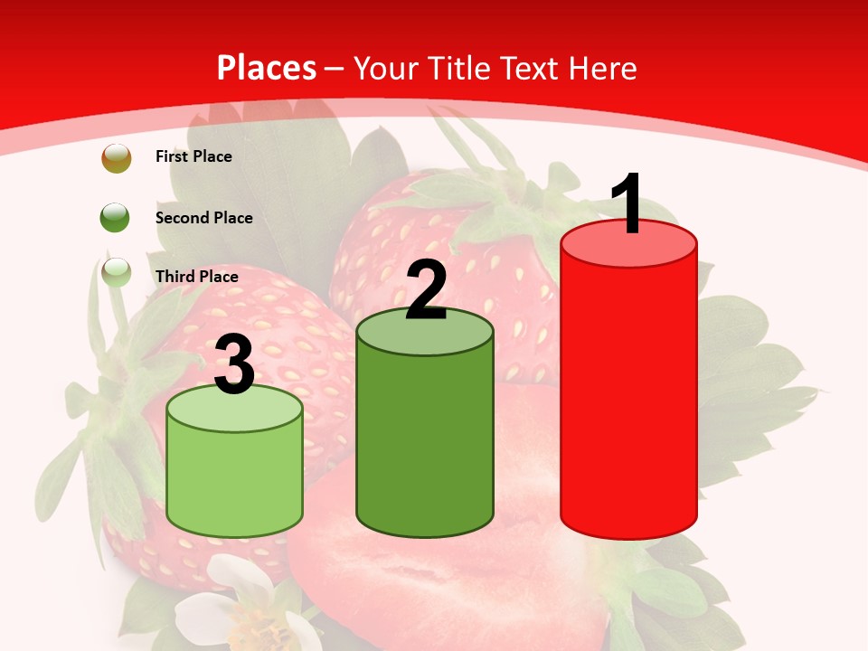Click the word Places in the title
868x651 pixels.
(267, 68)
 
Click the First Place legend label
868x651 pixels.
(193, 156)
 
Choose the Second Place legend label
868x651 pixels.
(203, 218)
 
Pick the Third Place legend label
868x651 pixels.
(196, 277)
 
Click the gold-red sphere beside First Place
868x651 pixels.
(116, 158)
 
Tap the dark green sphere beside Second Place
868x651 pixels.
(116, 217)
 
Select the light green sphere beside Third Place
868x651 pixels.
(116, 272)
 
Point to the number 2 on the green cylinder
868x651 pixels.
(427, 290)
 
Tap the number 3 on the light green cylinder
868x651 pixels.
(234, 364)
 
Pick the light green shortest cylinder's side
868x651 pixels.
(235, 479)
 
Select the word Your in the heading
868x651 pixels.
(384, 68)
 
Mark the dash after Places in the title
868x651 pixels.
(334, 69)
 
